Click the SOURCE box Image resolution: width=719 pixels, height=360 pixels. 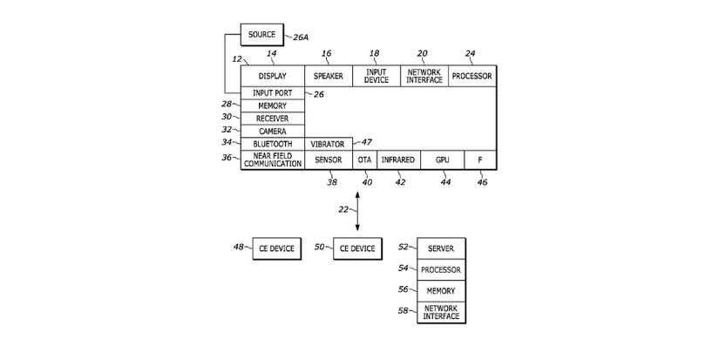point(261,35)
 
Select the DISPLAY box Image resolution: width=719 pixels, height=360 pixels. point(272,76)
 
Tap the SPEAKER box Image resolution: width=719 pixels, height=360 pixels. point(328,76)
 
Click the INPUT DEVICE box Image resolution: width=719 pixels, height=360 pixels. point(376,76)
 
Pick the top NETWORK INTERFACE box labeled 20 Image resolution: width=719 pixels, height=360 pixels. point(424,76)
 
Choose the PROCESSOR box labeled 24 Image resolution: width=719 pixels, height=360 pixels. point(471,76)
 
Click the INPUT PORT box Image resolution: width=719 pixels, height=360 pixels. point(272,92)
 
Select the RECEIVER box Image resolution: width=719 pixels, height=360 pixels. point(272,118)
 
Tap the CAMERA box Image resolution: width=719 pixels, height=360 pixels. point(272,131)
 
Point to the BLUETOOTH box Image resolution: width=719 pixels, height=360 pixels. point(272,143)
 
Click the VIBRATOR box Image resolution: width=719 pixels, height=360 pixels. point(328,143)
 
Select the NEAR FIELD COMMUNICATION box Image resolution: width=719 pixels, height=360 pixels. point(272,160)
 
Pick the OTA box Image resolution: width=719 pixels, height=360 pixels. point(364,160)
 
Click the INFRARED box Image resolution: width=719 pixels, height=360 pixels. point(397,160)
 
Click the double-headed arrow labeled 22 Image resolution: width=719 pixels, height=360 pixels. point(356,209)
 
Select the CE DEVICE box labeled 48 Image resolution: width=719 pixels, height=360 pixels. point(275,248)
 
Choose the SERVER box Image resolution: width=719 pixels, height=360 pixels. point(441,248)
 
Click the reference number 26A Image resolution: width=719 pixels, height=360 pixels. point(300,37)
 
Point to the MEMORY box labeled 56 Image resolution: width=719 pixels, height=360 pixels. point(441,290)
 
